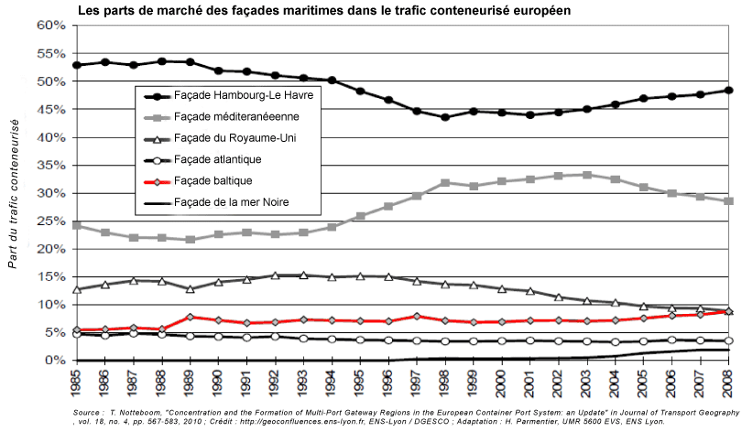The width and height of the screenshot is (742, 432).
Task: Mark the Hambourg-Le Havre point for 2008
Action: (729, 90)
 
